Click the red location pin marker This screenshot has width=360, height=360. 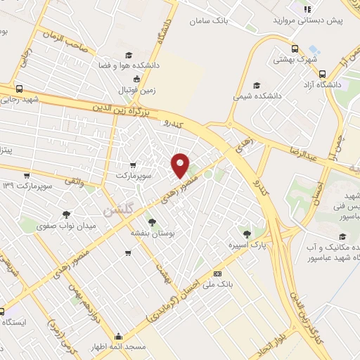(x=181, y=165)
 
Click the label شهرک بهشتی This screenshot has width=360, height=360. (x=297, y=60)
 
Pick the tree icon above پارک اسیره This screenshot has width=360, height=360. (x=245, y=233)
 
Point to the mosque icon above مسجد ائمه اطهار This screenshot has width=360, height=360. (x=120, y=335)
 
